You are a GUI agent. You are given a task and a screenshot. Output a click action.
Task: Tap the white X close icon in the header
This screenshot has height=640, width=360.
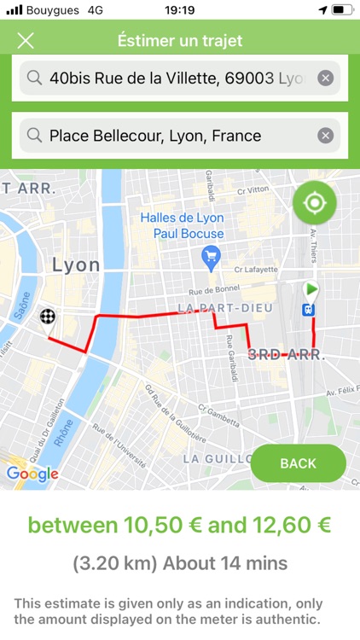tap(26, 41)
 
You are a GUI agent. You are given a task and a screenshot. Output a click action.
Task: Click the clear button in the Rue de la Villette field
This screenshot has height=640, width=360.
tap(325, 79)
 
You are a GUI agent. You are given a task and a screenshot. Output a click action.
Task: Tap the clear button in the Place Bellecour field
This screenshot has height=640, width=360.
tap(325, 136)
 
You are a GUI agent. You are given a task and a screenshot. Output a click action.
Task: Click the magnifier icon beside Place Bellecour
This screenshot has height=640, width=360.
tap(34, 136)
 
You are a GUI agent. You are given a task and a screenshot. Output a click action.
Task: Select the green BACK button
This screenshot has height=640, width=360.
tap(298, 463)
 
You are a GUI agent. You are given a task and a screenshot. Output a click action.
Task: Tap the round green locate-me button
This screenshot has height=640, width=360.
tap(314, 203)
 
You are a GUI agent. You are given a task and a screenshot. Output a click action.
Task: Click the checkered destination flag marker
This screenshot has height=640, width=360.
tap(49, 317)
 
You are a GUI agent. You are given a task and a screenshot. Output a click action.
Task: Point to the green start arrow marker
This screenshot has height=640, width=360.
tap(311, 289)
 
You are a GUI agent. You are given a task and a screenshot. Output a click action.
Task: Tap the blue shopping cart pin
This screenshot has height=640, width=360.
tap(210, 254)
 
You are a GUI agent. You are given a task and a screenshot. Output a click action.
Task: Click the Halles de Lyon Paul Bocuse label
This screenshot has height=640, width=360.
tap(183, 225)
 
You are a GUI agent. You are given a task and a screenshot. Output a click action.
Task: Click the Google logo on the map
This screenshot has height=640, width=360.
tap(32, 474)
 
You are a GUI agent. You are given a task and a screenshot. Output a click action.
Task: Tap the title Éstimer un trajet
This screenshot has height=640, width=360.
tap(180, 41)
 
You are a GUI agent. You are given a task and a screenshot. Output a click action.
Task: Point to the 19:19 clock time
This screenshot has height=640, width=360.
tap(180, 9)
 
